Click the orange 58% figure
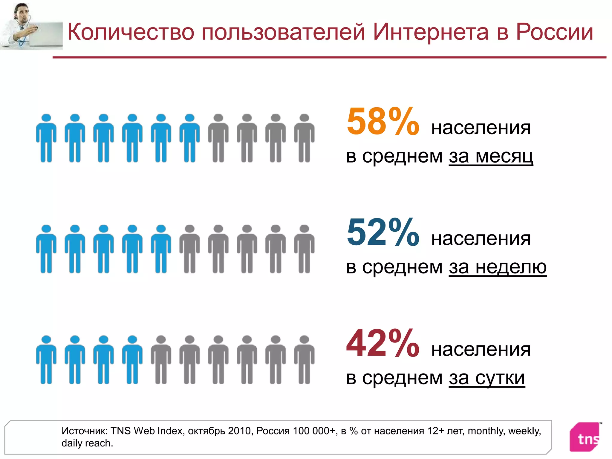(x=382, y=122)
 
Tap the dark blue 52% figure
(x=382, y=232)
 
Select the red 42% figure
(x=382, y=343)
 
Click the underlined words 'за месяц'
(x=491, y=156)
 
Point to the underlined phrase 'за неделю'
(x=498, y=267)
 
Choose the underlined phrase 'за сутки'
(x=487, y=378)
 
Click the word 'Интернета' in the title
(x=431, y=32)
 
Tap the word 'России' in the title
(x=554, y=32)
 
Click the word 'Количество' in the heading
(x=131, y=32)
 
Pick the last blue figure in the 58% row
(x=189, y=138)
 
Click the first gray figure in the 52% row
(x=189, y=249)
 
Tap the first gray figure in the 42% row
(x=161, y=360)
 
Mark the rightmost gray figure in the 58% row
(x=304, y=138)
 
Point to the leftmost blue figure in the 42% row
(x=46, y=360)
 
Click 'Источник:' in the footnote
(x=85, y=431)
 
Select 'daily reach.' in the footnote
(x=87, y=443)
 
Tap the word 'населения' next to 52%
(x=481, y=238)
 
